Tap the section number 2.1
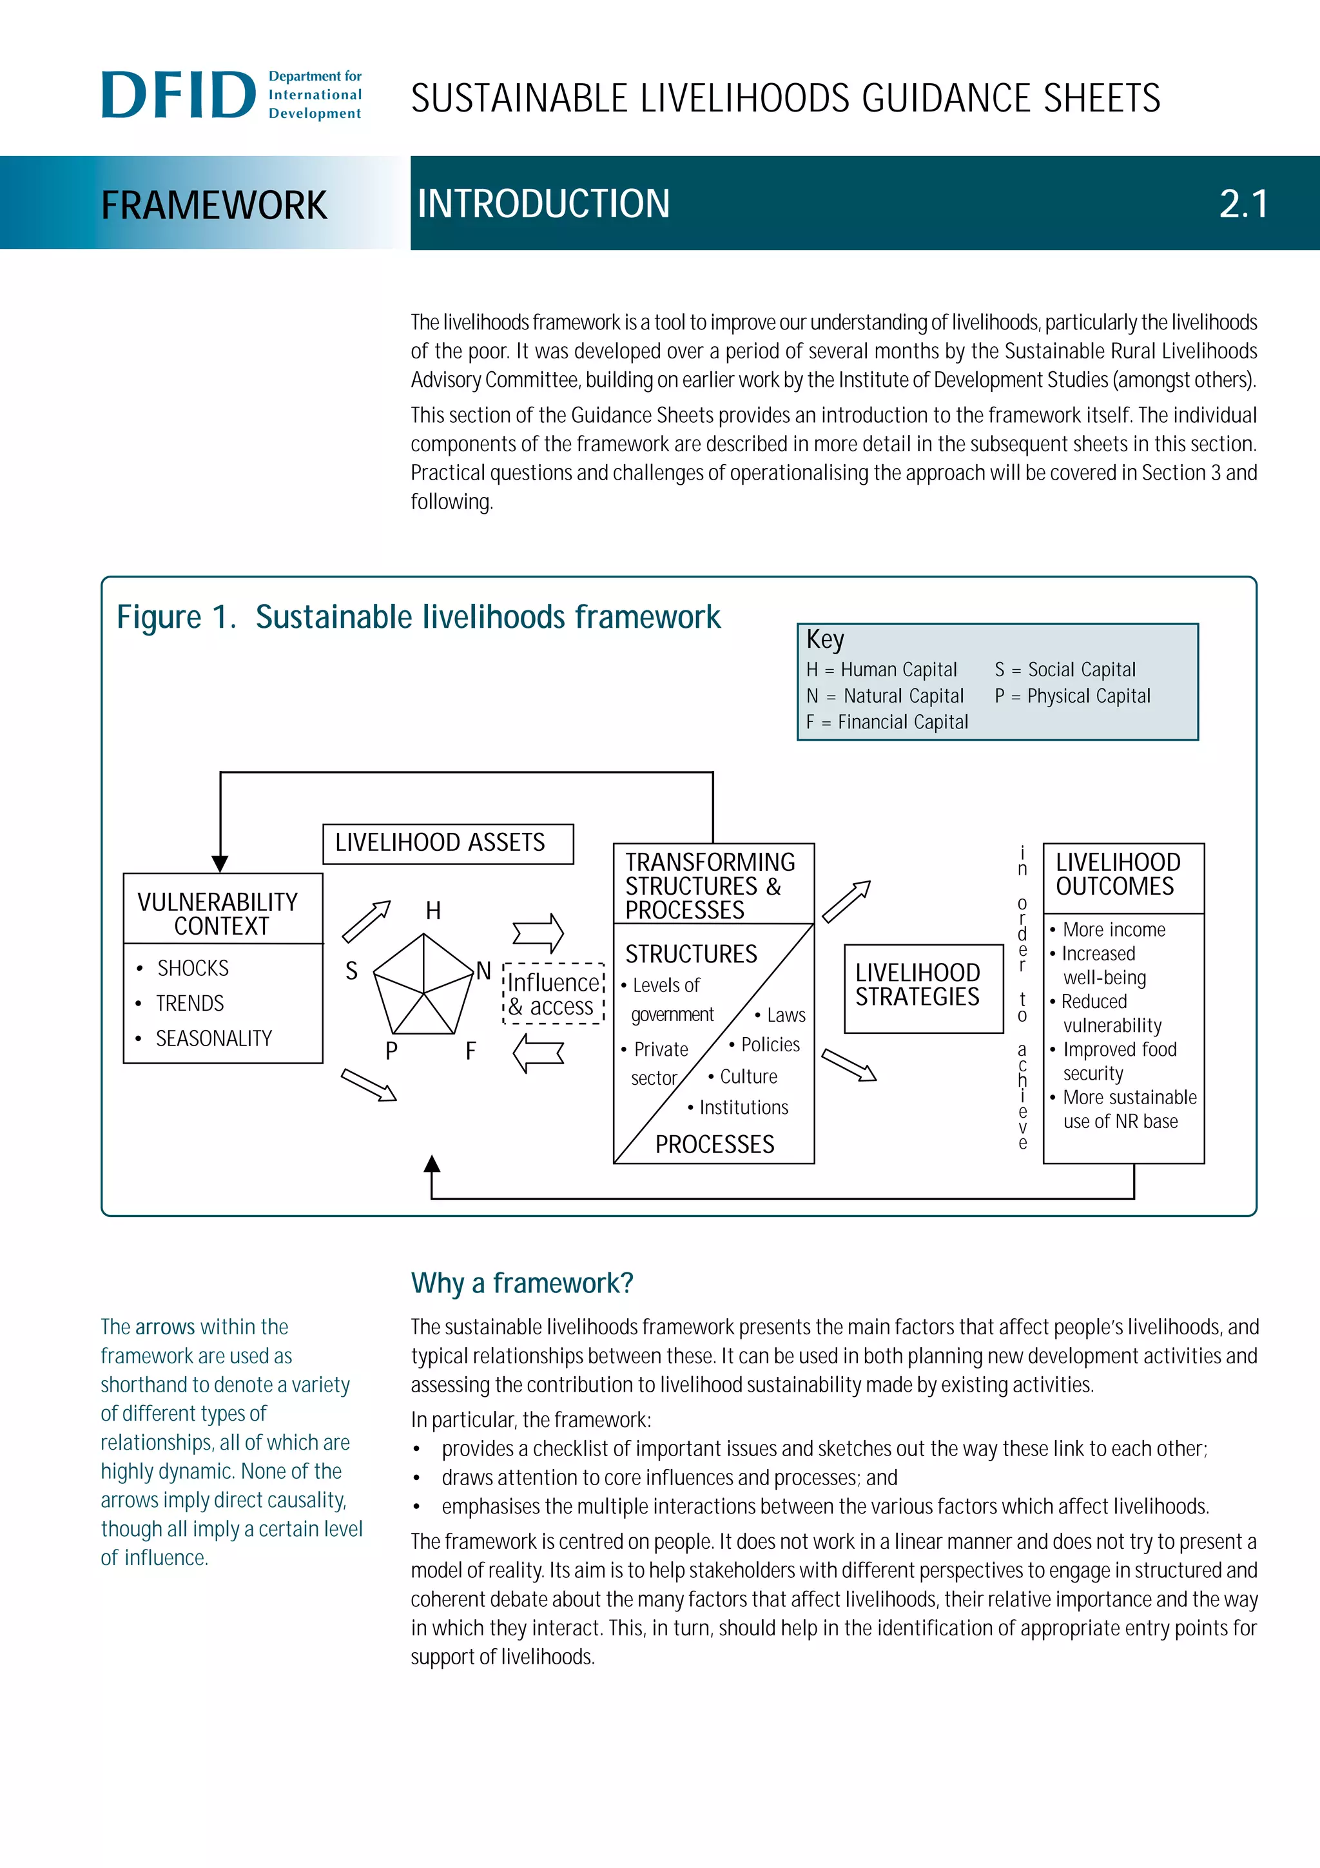[1243, 204]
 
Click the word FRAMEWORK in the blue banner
[214, 205]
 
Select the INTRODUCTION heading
[543, 204]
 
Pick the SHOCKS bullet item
[193, 968]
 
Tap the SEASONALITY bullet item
[213, 1038]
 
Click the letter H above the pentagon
[432, 910]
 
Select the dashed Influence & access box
[554, 994]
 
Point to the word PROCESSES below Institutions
[714, 1144]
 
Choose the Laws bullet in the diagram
[785, 1015]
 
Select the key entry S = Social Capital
[1065, 670]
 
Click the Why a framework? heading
[521, 1283]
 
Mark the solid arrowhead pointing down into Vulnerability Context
[220, 863]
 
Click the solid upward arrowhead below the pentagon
[432, 1164]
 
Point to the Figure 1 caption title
[418, 618]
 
